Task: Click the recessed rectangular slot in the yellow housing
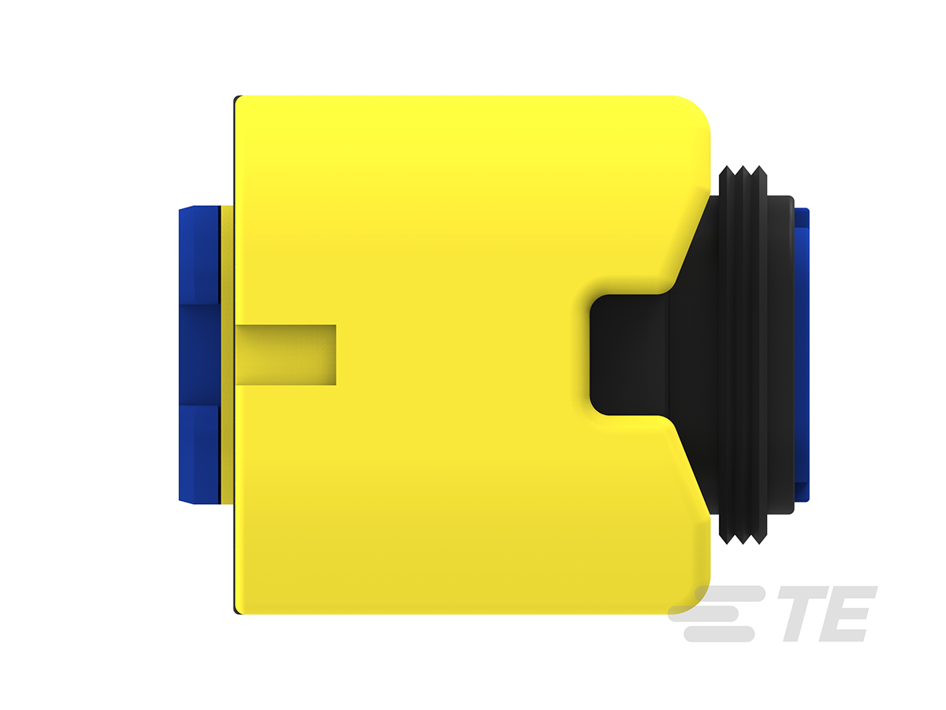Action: click(x=285, y=354)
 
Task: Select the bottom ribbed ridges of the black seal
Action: click(x=743, y=528)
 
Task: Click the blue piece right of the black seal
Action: click(x=802, y=355)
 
